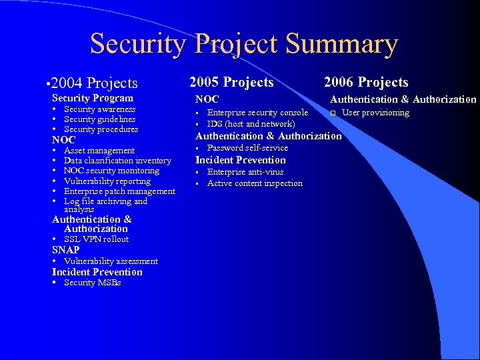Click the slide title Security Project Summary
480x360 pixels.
[x=244, y=44]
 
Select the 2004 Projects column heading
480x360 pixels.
[x=93, y=83]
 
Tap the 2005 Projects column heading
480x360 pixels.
[x=231, y=82]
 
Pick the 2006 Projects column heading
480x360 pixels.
[x=366, y=82]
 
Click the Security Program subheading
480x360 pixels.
[x=93, y=98]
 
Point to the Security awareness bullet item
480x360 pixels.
[x=99, y=109]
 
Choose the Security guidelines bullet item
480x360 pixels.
[x=99, y=119]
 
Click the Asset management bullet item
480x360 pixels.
[x=99, y=151]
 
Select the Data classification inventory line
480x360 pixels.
[x=117, y=161]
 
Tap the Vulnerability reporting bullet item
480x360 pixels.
[x=107, y=181]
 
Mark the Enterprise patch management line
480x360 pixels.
[x=119, y=191]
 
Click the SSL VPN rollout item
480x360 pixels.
[x=96, y=239]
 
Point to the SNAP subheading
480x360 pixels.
[x=66, y=250]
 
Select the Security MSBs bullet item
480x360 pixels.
[x=92, y=283]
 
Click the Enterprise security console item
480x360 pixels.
[x=257, y=113]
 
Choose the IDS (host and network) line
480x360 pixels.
[x=251, y=124]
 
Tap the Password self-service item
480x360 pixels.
[x=247, y=148]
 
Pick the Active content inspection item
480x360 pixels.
[x=255, y=183]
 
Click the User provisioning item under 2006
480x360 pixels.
[x=375, y=113]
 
